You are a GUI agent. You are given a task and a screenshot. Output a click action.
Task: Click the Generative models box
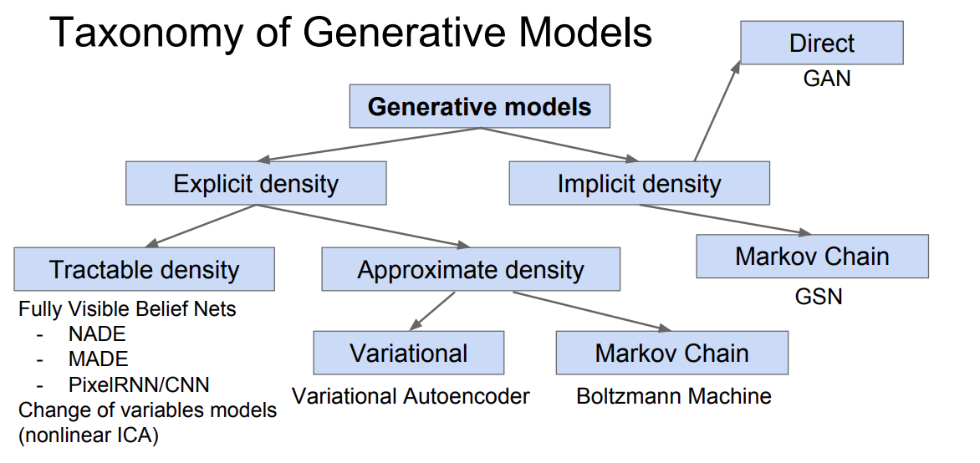coord(479,106)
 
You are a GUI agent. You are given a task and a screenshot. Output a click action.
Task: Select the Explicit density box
coord(256,183)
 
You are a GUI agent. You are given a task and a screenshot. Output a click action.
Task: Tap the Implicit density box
coord(640,183)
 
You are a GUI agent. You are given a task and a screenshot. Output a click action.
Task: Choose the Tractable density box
coord(144,268)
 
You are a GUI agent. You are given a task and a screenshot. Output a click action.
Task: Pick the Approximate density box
coord(471,268)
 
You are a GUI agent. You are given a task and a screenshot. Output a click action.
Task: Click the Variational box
coord(408,353)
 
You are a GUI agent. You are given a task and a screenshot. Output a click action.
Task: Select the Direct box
coord(822,43)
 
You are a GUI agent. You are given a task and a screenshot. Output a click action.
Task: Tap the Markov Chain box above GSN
coord(812,257)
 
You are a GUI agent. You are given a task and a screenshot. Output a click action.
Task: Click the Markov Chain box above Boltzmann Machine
coord(672,353)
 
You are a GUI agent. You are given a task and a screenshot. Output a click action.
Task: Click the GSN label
coord(819,296)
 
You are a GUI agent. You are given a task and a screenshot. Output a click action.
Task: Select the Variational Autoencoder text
coord(411,395)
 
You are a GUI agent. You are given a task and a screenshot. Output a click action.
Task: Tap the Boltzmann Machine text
coord(674,395)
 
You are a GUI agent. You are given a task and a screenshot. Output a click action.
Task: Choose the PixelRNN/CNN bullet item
coord(139,384)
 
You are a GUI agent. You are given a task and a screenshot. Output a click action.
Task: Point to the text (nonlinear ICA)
coord(88,435)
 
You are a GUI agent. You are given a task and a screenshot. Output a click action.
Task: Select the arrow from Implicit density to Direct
coord(717,111)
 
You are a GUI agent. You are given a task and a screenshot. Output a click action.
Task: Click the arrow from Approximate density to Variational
coord(431,311)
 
